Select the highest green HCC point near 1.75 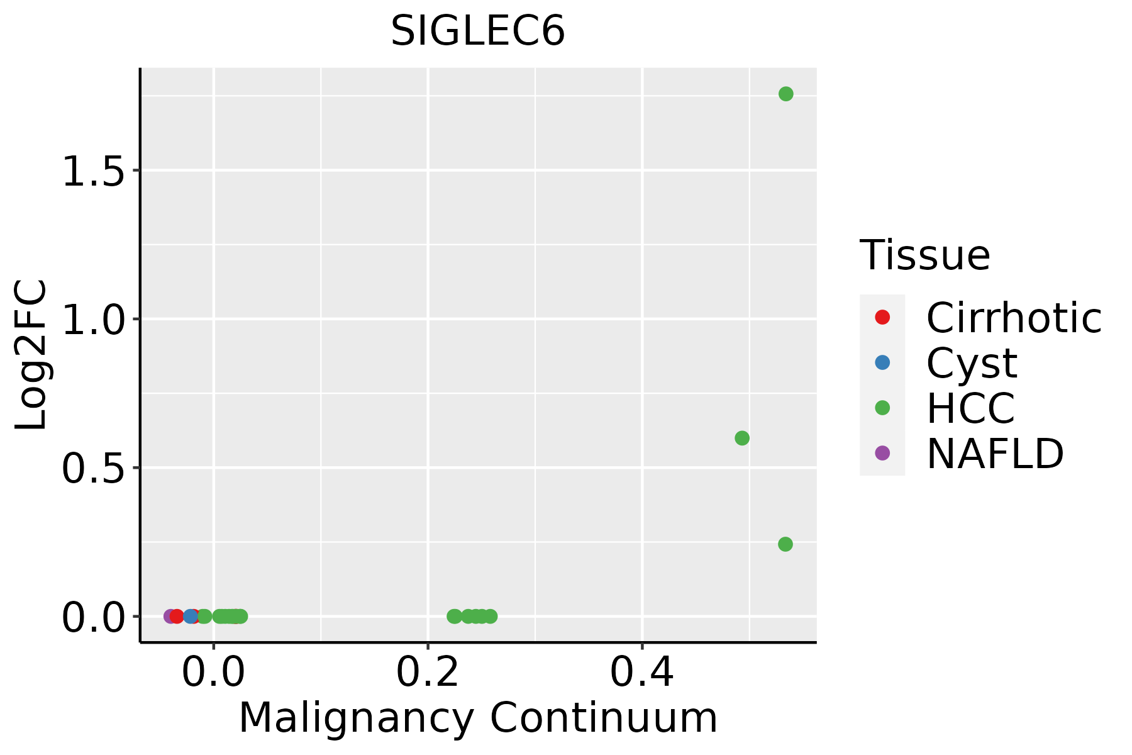point(785,94)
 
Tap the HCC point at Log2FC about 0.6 point(742,438)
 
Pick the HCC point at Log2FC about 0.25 point(785,544)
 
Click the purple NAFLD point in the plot point(169,616)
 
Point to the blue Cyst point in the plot point(190,616)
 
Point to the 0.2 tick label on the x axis point(428,673)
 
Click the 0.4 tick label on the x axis point(642,673)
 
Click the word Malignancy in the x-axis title point(356,718)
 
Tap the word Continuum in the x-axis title point(604,718)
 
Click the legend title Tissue point(924,255)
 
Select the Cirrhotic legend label point(1014,318)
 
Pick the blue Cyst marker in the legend point(882,362)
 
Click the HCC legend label point(970,408)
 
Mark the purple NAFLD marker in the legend point(882,452)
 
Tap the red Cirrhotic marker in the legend point(882,317)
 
